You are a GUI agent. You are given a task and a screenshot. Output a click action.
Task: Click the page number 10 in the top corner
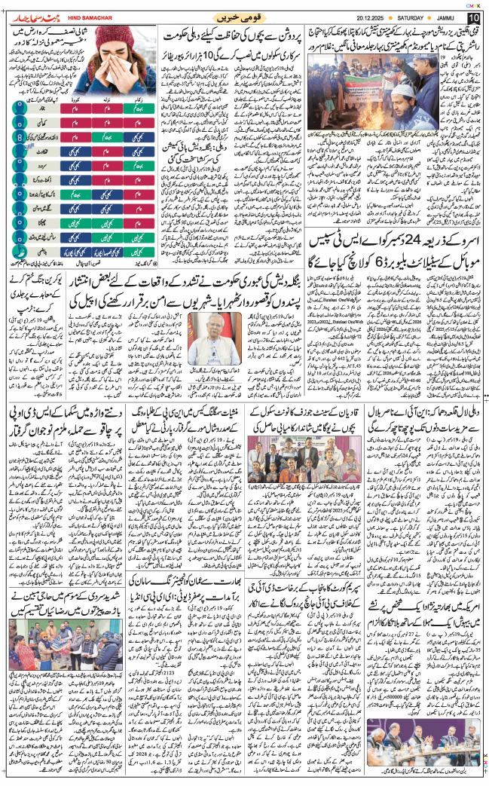[x=473, y=17]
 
